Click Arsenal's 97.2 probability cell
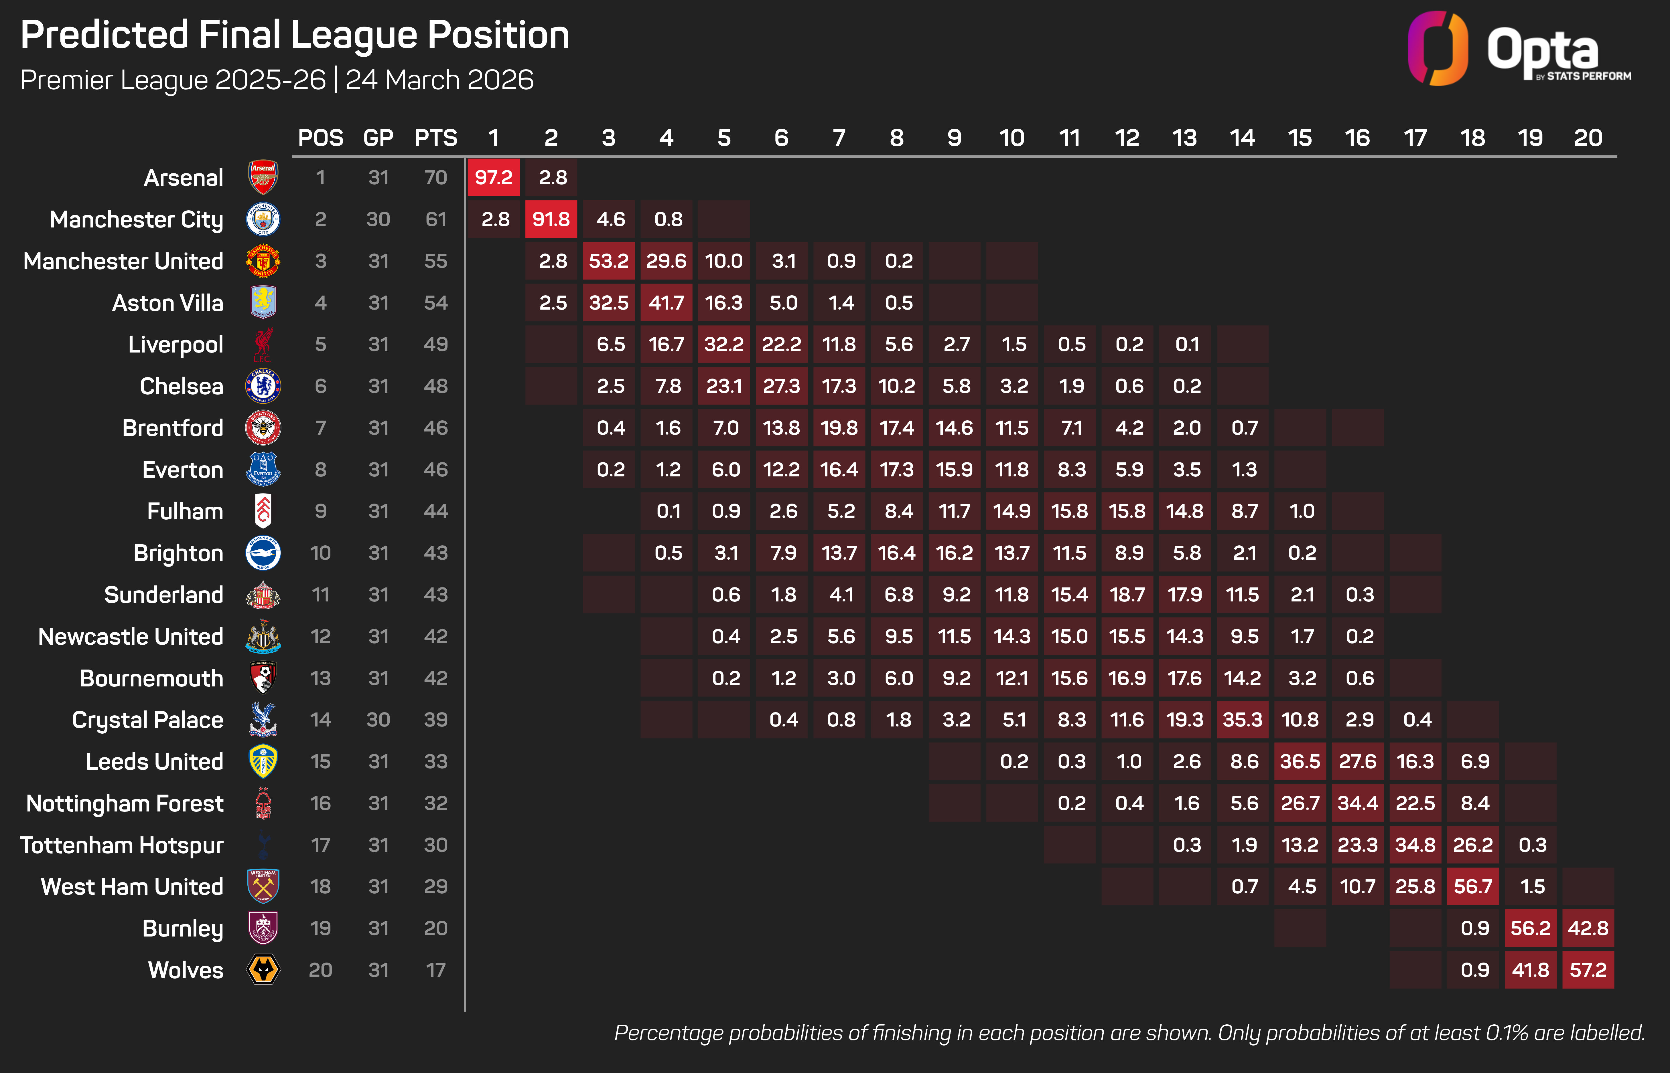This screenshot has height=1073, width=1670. [x=494, y=178]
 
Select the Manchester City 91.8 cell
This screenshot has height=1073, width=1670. [x=551, y=219]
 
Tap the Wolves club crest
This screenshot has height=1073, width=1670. [x=263, y=970]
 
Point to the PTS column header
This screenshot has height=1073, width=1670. [x=436, y=138]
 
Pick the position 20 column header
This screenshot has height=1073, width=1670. [x=1588, y=138]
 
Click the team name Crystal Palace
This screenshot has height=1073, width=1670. [x=148, y=720]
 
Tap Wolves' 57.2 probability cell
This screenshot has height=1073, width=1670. [x=1588, y=970]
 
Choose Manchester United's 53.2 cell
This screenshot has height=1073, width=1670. [x=608, y=261]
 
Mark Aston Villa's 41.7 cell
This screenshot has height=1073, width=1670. [x=666, y=303]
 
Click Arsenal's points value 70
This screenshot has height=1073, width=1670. [x=436, y=178]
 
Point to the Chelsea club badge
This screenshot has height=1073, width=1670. [x=263, y=386]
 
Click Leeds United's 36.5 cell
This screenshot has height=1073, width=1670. [x=1300, y=762]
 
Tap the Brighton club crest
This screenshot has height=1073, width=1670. [x=263, y=553]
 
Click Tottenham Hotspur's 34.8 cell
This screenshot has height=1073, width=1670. [x=1415, y=845]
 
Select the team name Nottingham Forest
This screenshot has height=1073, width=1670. [x=125, y=803]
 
